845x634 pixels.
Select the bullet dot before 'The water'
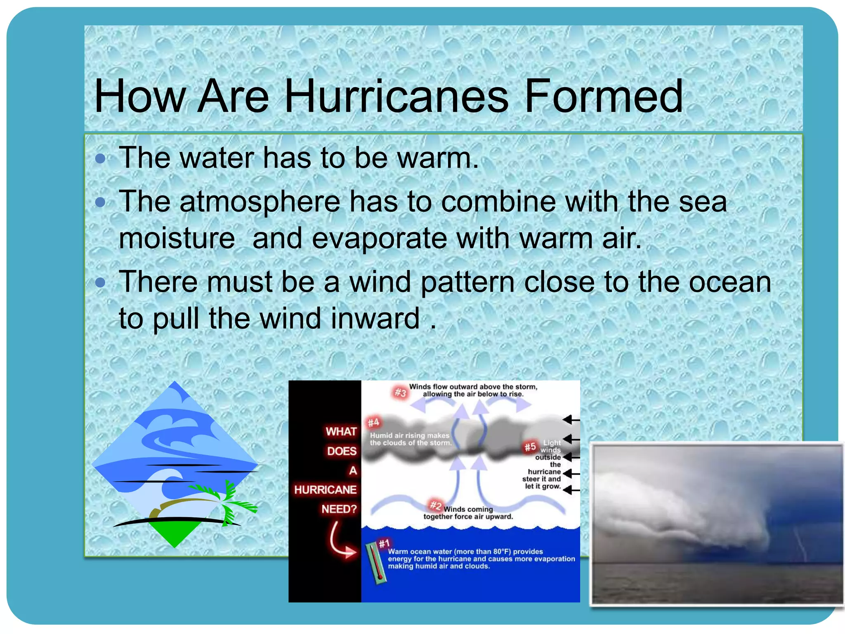[x=100, y=158]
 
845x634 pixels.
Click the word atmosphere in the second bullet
[x=260, y=202]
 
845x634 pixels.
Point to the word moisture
[x=177, y=239]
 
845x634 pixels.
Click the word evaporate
[x=379, y=239]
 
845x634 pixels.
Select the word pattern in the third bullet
[x=467, y=282]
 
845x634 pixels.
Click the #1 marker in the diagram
[x=384, y=544]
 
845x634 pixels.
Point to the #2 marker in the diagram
[x=435, y=505]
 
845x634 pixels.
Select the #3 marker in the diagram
[x=400, y=392]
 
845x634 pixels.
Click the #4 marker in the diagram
[x=373, y=422]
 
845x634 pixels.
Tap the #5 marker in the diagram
[x=530, y=447]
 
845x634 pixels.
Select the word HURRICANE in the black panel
[x=325, y=490]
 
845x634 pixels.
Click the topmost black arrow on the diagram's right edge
[x=571, y=420]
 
